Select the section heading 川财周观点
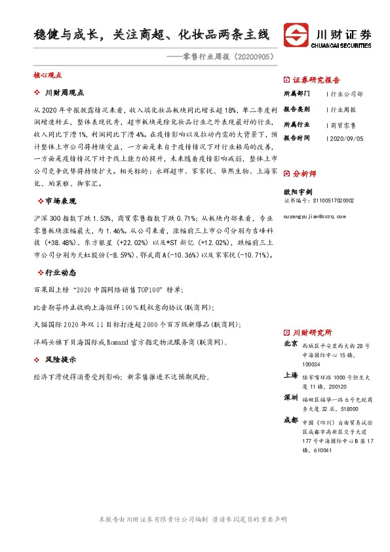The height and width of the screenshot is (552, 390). pyautogui.click(x=65, y=93)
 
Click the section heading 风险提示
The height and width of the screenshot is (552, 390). pyautogui.click(x=61, y=360)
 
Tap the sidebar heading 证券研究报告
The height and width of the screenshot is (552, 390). pyautogui.click(x=316, y=80)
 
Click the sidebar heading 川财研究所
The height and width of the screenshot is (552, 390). pyautogui.click(x=312, y=332)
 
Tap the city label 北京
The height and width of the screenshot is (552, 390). pyautogui.click(x=290, y=344)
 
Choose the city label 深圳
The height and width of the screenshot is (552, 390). pyautogui.click(x=290, y=398)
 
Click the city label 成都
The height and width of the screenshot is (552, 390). pyautogui.click(x=290, y=420)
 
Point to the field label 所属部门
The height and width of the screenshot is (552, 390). pyautogui.click(x=294, y=94)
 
